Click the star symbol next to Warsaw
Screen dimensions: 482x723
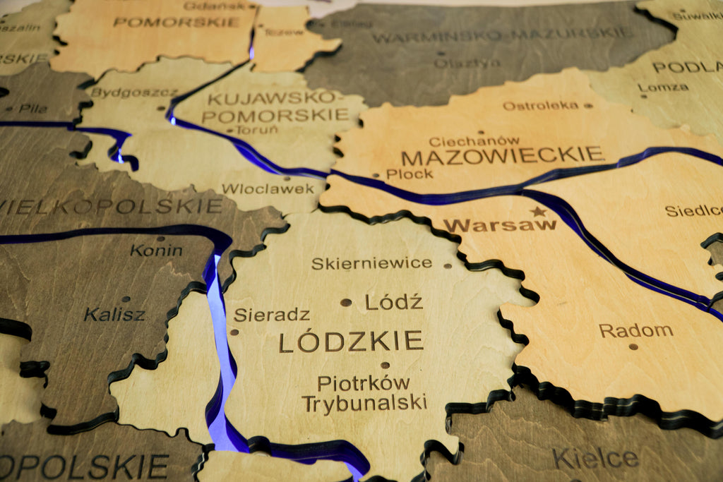point(539,211)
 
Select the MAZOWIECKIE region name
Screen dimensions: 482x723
point(502,155)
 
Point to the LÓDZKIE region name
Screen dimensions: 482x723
point(351,342)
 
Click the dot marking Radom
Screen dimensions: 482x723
point(633,346)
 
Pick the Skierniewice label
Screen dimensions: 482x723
point(371,263)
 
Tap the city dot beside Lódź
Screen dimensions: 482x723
point(346,302)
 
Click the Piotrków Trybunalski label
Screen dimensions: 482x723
point(364,393)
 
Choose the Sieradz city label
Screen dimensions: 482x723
point(272,315)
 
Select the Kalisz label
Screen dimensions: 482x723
point(114,314)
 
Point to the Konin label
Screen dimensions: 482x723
point(156,250)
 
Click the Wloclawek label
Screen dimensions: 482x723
point(268,188)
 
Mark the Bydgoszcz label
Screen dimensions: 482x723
point(124,92)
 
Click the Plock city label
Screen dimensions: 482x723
point(410,174)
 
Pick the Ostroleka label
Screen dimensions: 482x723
point(540,106)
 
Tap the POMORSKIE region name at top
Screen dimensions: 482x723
point(176,22)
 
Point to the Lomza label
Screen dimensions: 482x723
point(663,87)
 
